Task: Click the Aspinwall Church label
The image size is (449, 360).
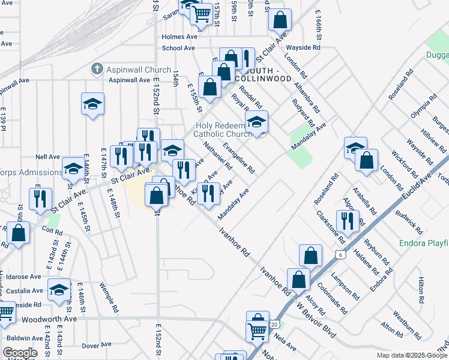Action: coord(139,70)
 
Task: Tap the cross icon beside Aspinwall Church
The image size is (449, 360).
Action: coord(96,70)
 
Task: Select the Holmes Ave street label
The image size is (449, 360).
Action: coord(179,37)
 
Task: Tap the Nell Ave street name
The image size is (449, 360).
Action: coord(47,157)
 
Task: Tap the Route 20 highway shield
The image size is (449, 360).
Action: coord(274,324)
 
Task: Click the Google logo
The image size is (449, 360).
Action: coord(20,353)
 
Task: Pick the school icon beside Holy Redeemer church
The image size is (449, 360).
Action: coord(256,122)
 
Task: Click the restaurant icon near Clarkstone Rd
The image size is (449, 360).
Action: coord(348,220)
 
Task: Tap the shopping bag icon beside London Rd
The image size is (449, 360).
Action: coord(366,160)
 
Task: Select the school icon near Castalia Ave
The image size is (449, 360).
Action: coord(59,291)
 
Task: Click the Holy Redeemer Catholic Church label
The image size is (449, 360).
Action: coord(224,130)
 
